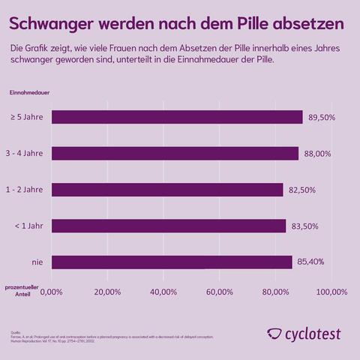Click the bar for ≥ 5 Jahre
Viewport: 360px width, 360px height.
[177, 117]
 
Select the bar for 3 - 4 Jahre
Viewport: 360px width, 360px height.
[175, 153]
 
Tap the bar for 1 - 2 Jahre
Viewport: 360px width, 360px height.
[167, 190]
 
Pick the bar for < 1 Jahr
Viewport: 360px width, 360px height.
[169, 226]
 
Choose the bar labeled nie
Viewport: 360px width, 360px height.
[171, 262]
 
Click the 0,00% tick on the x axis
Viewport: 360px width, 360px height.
[51, 291]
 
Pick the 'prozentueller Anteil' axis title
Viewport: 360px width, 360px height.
[22, 291]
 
